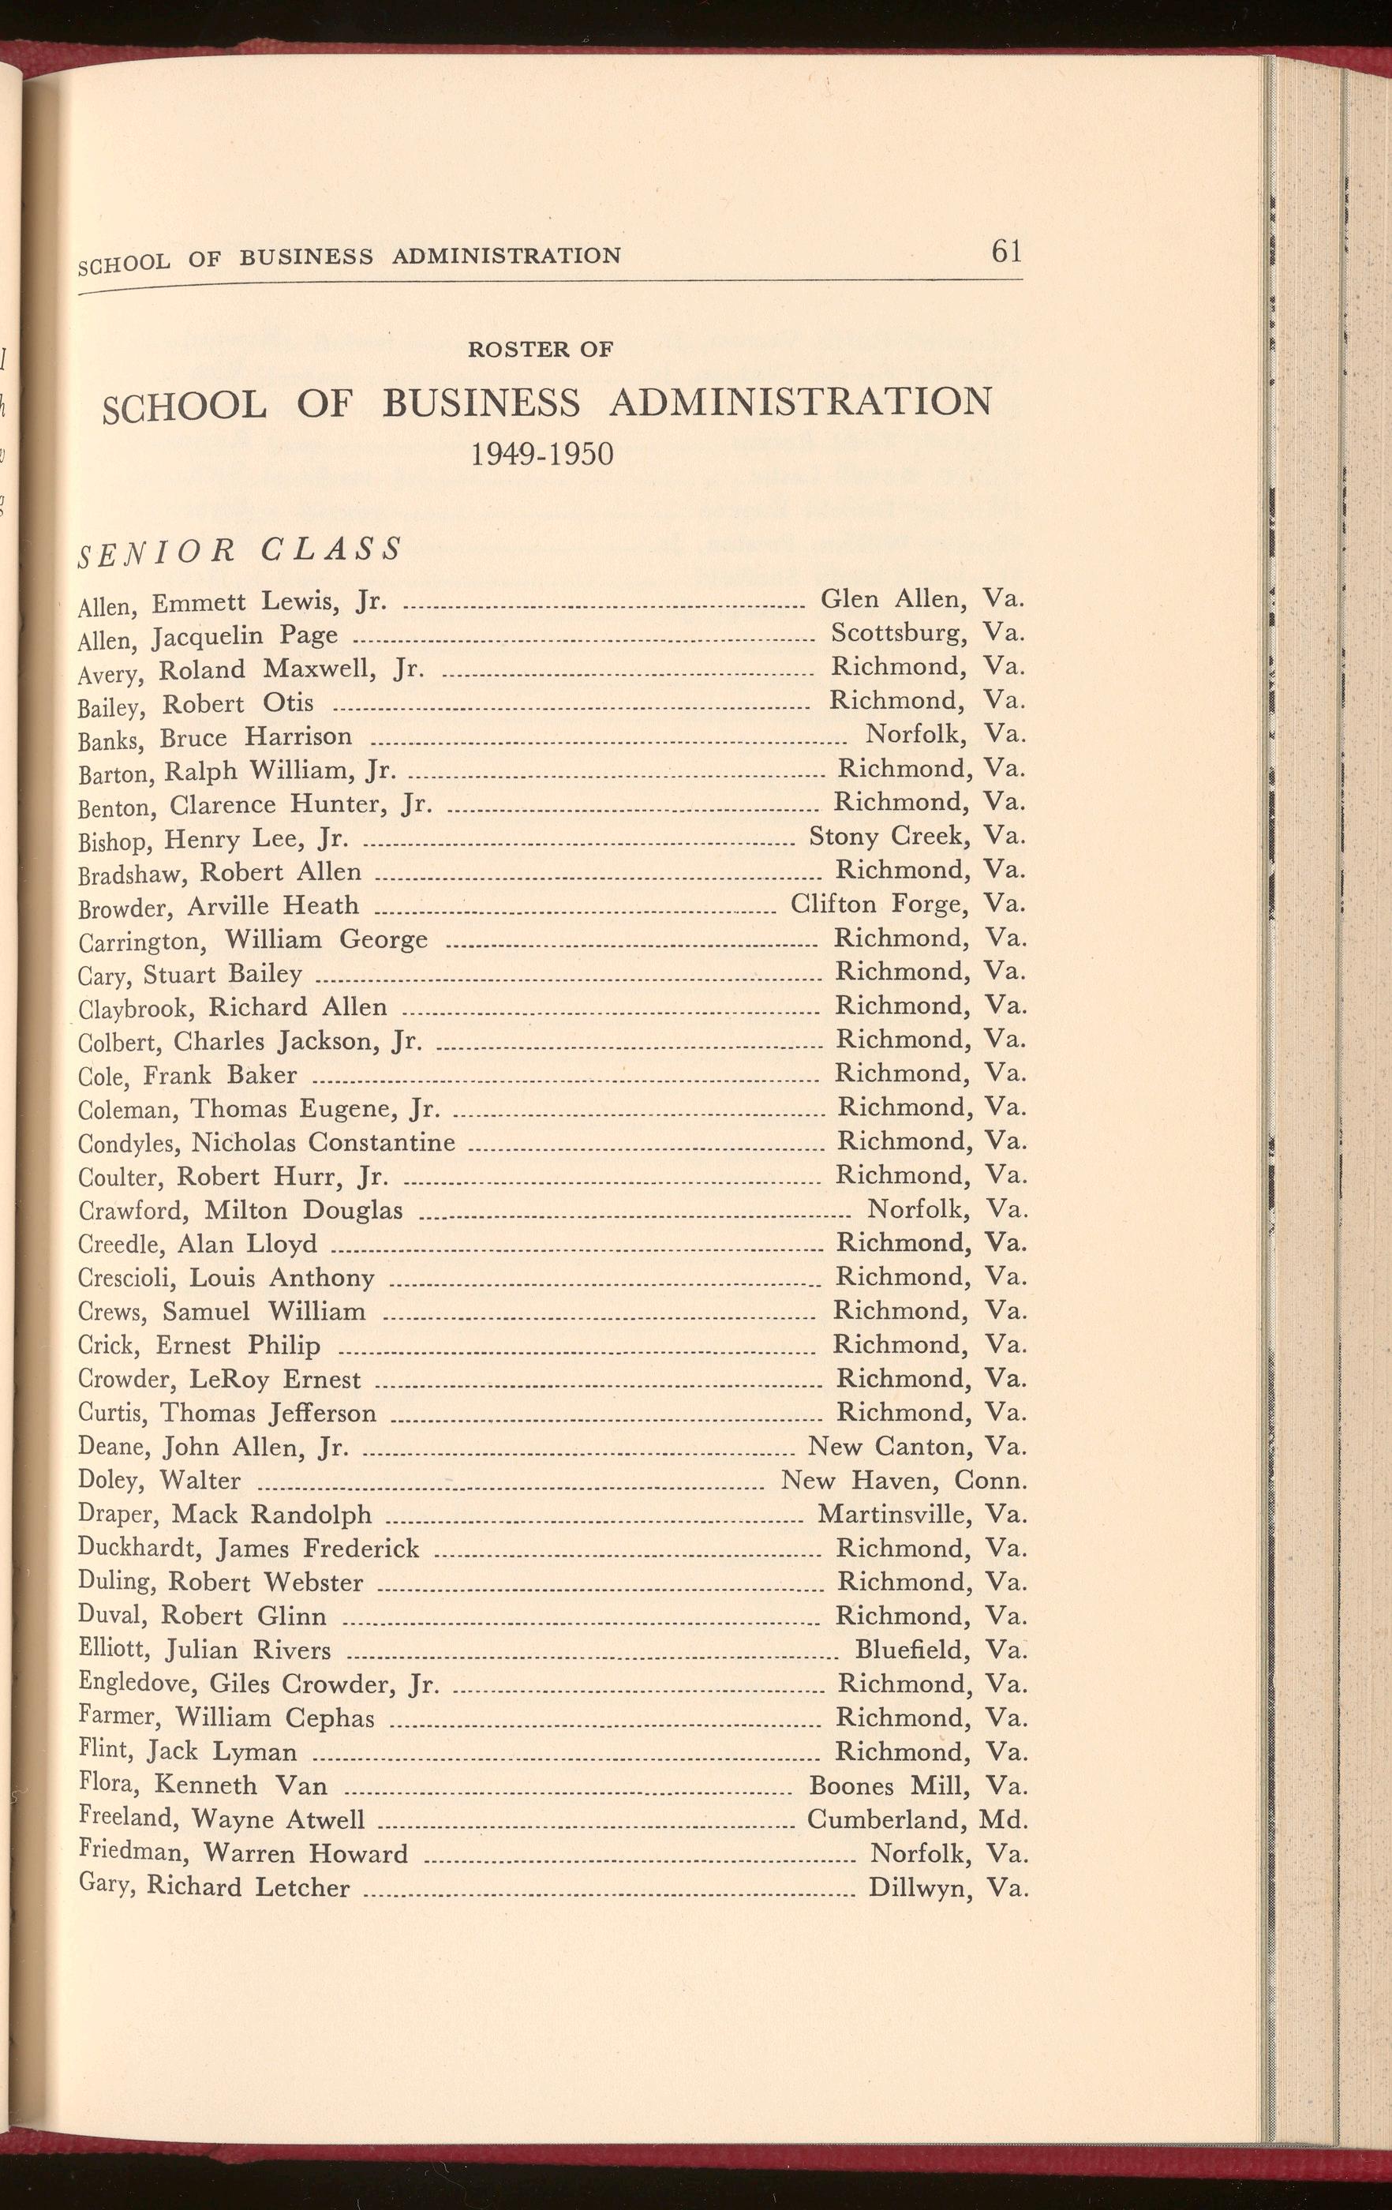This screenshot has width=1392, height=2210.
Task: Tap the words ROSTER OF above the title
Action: [x=540, y=349]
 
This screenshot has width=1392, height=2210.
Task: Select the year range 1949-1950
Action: [x=541, y=453]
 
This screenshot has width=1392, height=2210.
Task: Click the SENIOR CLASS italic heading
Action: [x=241, y=550]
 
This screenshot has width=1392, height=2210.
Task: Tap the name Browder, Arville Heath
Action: [x=219, y=908]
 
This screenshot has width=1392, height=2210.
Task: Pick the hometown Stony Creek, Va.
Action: [x=915, y=836]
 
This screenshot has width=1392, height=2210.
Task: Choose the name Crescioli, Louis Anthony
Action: [x=226, y=1279]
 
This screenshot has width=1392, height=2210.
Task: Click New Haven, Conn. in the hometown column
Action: [x=903, y=1481]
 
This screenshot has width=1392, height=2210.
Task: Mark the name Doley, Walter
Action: [x=159, y=1481]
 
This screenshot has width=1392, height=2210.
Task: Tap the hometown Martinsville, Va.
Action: [x=921, y=1515]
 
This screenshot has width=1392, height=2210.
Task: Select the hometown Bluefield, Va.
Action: [x=940, y=1650]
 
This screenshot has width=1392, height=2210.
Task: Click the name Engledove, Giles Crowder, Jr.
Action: [x=259, y=1684]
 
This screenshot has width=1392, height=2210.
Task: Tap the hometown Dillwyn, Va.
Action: [x=947, y=1888]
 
